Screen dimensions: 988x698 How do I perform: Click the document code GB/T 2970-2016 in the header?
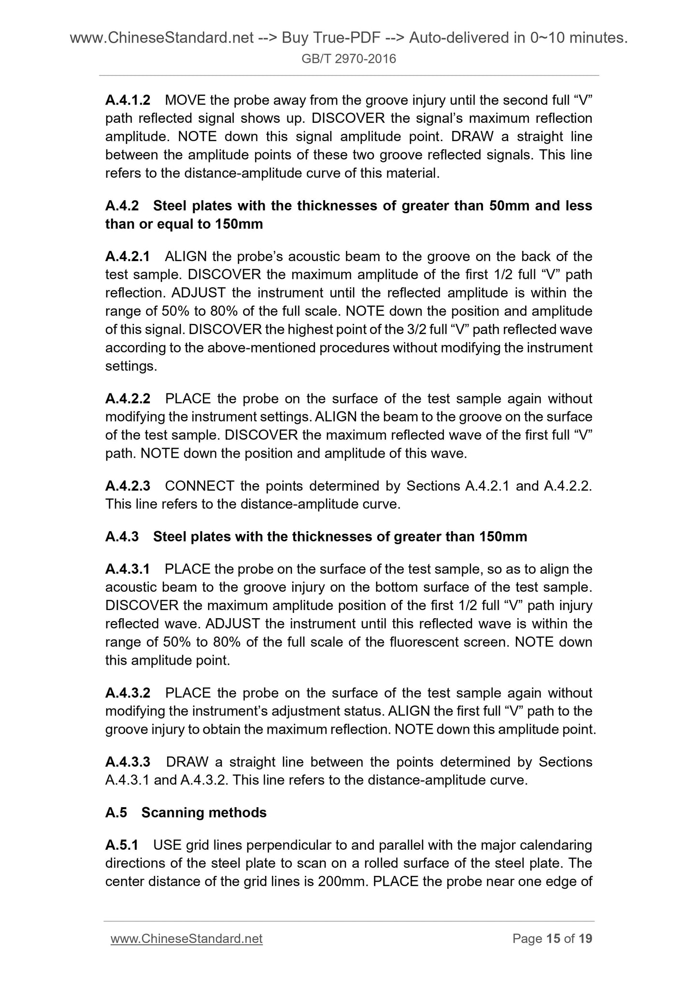349,59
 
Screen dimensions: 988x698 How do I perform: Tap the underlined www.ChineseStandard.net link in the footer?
186,939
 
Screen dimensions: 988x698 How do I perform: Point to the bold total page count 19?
585,939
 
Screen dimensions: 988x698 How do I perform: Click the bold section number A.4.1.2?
128,101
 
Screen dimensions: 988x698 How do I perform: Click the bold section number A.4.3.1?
128,569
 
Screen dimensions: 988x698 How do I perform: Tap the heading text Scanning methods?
204,813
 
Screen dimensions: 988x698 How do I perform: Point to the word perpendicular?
277,845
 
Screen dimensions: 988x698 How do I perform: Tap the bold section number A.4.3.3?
128,762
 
